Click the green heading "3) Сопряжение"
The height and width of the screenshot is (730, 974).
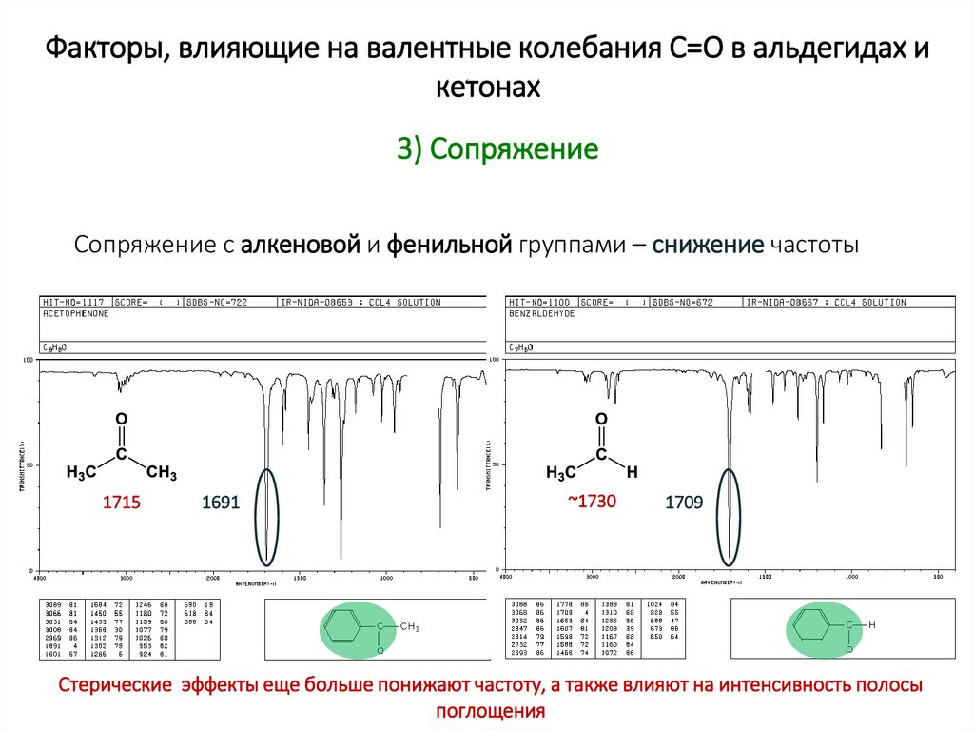(497, 150)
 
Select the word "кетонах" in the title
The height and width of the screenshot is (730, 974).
(487, 88)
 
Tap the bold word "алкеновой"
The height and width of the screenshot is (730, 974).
(299, 245)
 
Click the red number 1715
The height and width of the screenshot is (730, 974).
(122, 503)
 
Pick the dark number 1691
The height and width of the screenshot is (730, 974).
(221, 503)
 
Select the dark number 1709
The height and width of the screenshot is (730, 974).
(684, 503)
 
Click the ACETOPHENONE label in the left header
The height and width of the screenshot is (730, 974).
(75, 313)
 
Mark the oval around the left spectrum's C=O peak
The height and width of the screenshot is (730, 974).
(268, 516)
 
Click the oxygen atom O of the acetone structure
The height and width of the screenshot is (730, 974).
(121, 419)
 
